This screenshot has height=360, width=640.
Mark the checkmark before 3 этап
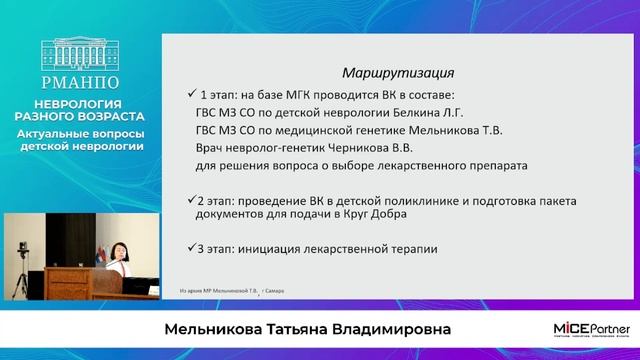click(192, 247)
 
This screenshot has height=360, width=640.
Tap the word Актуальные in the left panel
click(53, 133)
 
